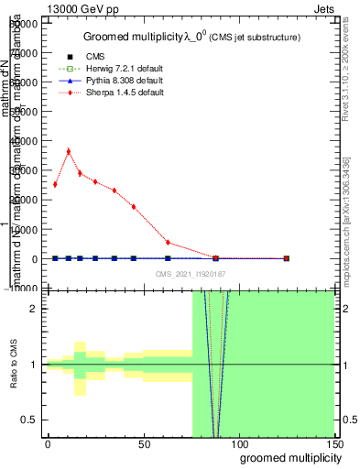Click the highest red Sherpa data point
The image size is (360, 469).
69,151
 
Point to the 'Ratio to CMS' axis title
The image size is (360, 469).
15,365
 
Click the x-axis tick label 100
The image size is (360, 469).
238,444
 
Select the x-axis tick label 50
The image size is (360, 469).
143,444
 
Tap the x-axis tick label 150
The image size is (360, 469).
333,444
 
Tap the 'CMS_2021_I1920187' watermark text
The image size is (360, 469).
190,274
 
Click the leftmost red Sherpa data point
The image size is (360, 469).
55,184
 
